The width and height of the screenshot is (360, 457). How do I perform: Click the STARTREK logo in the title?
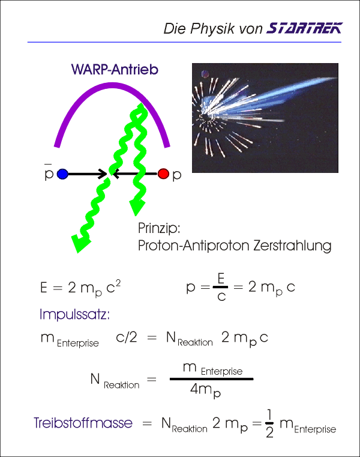click(304, 28)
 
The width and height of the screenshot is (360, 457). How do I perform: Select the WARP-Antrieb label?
click(115, 70)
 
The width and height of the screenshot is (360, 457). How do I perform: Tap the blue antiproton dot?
click(62, 174)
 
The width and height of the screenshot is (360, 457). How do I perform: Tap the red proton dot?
click(163, 174)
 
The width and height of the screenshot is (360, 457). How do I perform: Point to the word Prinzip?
click(159, 228)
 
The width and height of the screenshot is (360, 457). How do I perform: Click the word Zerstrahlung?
click(292, 245)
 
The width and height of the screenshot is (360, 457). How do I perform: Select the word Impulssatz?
click(74, 314)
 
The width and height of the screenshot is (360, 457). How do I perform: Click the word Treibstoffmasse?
click(83, 423)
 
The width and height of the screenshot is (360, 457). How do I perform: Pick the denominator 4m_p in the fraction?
click(205, 390)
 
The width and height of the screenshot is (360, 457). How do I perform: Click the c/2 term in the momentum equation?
click(126, 337)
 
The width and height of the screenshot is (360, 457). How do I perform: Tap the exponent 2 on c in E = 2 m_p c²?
click(118, 282)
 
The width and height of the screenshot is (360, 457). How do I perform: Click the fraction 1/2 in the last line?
click(269, 423)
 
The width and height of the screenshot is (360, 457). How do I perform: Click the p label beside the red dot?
click(177, 175)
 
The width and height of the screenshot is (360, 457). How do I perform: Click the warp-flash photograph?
click(265, 118)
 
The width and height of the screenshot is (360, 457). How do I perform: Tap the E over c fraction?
click(220, 287)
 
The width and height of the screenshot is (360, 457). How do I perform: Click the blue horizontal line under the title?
click(184, 42)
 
